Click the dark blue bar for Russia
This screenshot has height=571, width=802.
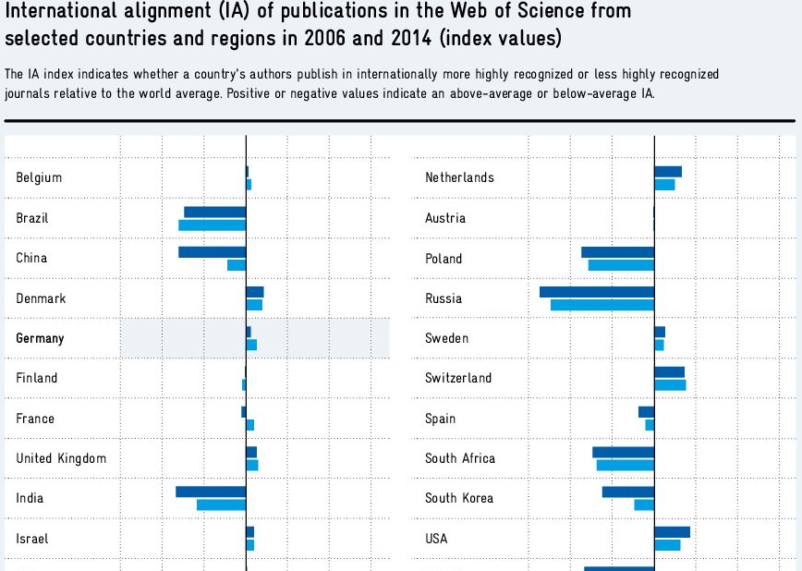[597, 292]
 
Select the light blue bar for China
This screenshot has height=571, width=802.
[237, 265]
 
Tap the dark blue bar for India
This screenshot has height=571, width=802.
[211, 492]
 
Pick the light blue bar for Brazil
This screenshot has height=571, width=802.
[212, 225]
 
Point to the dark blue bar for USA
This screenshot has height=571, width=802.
[672, 532]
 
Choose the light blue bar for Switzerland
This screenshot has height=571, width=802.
[670, 384]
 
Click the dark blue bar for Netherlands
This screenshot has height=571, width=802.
[668, 172]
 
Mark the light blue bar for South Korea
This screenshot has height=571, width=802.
[644, 504]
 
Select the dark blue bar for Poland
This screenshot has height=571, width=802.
[617, 252]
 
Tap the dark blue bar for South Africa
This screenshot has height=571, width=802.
[623, 452]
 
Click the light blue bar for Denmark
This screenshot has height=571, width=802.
[254, 305]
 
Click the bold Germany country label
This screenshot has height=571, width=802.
[40, 338]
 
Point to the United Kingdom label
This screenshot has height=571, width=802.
[61, 458]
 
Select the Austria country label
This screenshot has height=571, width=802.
[445, 218]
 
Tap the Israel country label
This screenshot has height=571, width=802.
[32, 539]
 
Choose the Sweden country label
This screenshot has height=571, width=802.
[446, 338]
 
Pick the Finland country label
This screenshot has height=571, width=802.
[37, 378]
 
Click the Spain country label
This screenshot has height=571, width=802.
[441, 419]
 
